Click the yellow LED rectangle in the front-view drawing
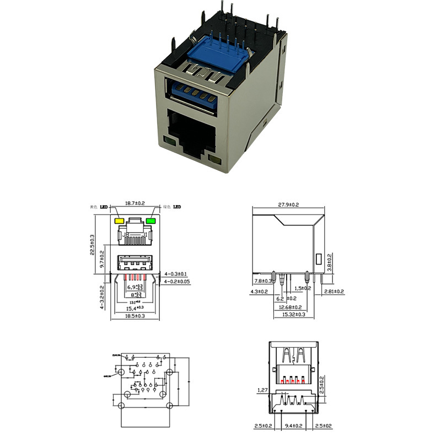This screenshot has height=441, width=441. [118, 221]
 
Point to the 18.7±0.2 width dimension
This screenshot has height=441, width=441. [135, 204]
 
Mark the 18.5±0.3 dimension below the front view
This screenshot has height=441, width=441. [135, 316]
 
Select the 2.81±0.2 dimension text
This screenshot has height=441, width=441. [334, 291]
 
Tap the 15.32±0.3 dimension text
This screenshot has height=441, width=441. [294, 314]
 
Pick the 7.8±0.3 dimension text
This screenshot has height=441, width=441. [263, 281]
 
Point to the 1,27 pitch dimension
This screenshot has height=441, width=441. [263, 390]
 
